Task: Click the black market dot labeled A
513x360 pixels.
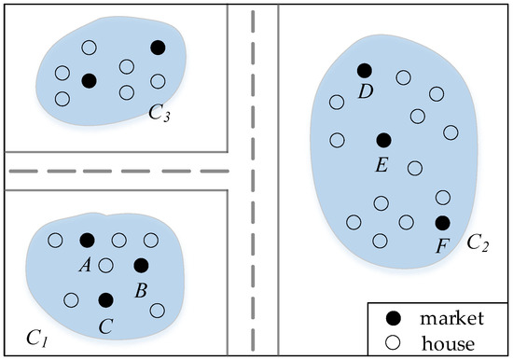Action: (x=87, y=240)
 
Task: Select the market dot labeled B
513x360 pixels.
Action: (x=141, y=266)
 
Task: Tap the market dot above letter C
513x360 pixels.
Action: (x=105, y=299)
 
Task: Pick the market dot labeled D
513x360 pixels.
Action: (x=364, y=70)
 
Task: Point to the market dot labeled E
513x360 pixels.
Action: (x=382, y=140)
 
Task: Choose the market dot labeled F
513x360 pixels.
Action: (x=442, y=222)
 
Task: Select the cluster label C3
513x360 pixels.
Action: (x=159, y=114)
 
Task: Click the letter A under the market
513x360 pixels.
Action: (x=85, y=264)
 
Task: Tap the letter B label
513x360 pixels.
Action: (x=141, y=290)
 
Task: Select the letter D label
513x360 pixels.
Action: (x=366, y=92)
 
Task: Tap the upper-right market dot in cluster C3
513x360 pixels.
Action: (x=158, y=47)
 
